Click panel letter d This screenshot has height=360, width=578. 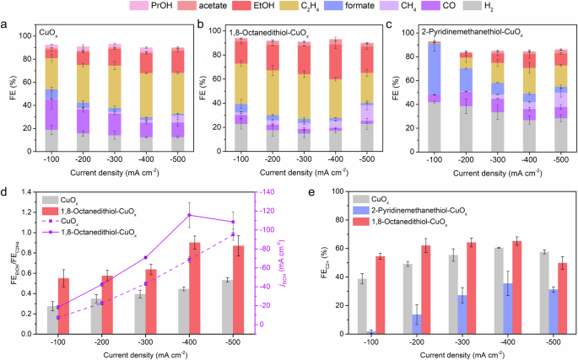(x=6, y=190)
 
